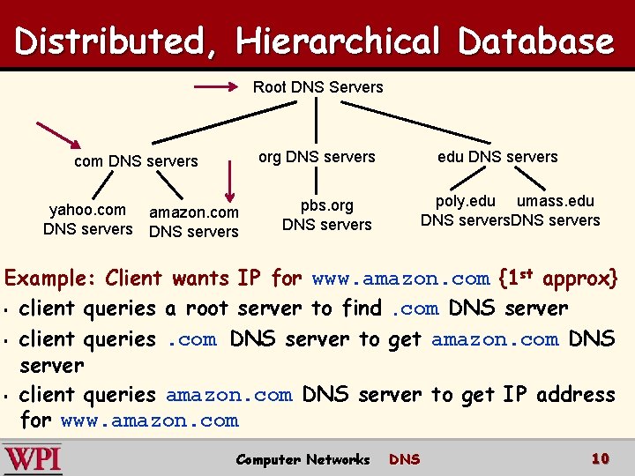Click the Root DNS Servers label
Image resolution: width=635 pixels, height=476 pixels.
coord(317,87)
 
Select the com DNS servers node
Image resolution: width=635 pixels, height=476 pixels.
coord(136,161)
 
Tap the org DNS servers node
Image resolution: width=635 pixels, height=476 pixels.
coord(317,157)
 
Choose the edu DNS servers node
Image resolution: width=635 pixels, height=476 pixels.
coord(497,157)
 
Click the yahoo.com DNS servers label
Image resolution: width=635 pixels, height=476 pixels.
coord(87,219)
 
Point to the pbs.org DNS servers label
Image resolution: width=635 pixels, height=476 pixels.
coord(326,215)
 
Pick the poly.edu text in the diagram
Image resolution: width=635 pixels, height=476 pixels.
coord(466,202)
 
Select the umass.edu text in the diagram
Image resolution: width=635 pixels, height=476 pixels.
coord(556,202)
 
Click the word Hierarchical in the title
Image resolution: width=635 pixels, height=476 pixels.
coord(337,41)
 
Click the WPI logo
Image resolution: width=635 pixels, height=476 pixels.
coord(33,458)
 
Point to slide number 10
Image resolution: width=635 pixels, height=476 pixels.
coord(601,458)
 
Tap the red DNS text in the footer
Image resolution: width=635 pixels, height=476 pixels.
coord(405,459)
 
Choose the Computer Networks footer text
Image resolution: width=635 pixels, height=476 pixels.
coord(303,459)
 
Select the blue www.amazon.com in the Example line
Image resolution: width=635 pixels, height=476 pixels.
coord(400,279)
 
